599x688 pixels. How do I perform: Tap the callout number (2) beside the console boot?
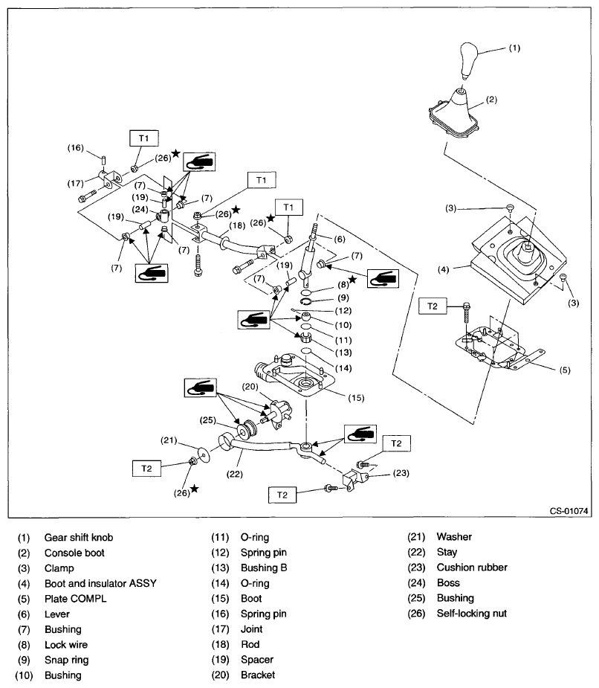(492, 97)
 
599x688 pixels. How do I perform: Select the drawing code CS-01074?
(569, 512)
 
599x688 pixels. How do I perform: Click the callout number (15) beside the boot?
(357, 397)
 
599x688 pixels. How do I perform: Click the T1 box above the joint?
(143, 138)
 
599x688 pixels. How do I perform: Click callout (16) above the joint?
(76, 149)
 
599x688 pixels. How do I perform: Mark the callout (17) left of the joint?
(76, 184)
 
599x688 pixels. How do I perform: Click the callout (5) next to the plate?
(564, 370)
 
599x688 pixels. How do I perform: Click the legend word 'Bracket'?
(257, 675)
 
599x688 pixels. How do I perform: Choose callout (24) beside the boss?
(137, 209)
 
